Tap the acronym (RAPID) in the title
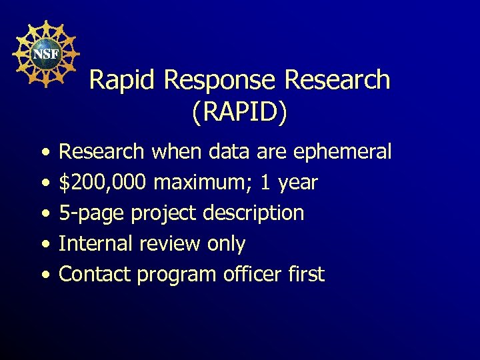coord(239,112)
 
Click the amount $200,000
coord(103,183)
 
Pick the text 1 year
coord(288,183)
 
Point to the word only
coord(226,244)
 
